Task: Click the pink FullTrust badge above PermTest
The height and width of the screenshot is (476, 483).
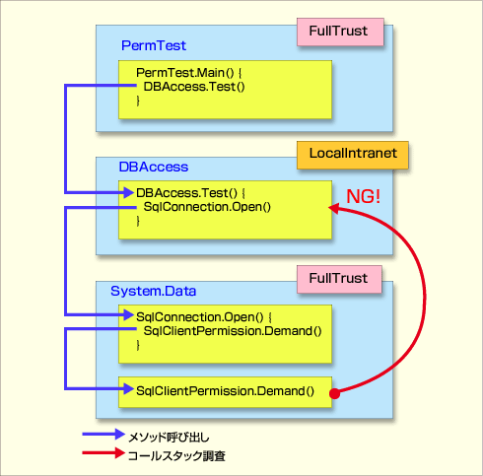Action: (340, 32)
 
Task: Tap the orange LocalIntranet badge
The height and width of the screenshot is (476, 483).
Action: (353, 155)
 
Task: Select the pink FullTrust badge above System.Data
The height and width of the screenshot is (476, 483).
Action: (339, 279)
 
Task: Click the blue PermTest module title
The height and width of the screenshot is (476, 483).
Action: (154, 45)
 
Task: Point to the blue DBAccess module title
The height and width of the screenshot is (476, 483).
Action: (154, 167)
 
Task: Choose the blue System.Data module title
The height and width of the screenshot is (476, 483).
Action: (153, 291)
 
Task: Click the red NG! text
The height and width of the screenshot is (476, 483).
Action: (364, 196)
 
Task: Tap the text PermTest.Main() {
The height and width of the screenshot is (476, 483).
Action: (188, 73)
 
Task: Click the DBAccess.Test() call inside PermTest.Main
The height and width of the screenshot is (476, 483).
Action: (194, 87)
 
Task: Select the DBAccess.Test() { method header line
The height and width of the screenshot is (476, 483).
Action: (190, 193)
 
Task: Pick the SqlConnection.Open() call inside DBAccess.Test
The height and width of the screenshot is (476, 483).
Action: (207, 207)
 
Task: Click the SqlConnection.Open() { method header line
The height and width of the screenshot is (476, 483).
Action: (204, 317)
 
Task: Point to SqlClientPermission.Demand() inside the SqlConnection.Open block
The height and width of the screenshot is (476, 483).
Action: (233, 331)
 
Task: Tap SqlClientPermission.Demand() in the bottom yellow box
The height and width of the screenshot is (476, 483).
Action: (225, 391)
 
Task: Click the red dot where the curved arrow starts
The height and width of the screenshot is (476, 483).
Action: (334, 393)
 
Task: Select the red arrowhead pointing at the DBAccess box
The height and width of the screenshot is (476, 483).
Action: (333, 208)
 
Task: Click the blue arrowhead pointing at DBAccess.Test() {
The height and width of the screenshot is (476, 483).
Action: (128, 192)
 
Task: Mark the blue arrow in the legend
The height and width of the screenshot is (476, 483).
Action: (103, 435)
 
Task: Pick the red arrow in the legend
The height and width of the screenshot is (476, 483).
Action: (103, 453)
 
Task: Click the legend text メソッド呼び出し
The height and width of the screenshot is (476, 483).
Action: (169, 438)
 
